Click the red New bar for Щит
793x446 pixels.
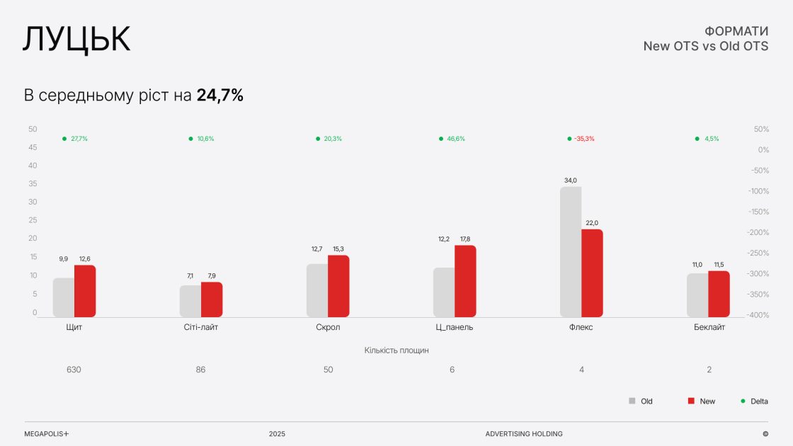(x=85, y=291)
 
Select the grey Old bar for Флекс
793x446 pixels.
(x=571, y=251)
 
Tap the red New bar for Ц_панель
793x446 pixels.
(x=465, y=281)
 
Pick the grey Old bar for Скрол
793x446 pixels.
(x=317, y=290)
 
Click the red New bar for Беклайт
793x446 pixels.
(x=719, y=294)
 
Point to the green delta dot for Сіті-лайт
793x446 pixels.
(x=190, y=139)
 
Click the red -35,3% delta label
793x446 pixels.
(x=584, y=139)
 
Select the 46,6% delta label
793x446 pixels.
(x=456, y=139)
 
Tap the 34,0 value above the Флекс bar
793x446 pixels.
(x=571, y=181)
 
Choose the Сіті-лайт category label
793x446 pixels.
(x=200, y=327)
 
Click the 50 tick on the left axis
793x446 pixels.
(x=33, y=129)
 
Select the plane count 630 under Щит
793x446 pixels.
(x=74, y=370)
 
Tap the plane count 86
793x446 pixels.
(x=200, y=370)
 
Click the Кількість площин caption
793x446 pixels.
(x=396, y=350)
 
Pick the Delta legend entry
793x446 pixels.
(x=759, y=401)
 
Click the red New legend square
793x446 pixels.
(x=691, y=401)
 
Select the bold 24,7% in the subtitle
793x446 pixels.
(x=220, y=96)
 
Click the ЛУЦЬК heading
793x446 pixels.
(x=76, y=40)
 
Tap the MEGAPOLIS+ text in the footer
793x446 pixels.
(x=47, y=434)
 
